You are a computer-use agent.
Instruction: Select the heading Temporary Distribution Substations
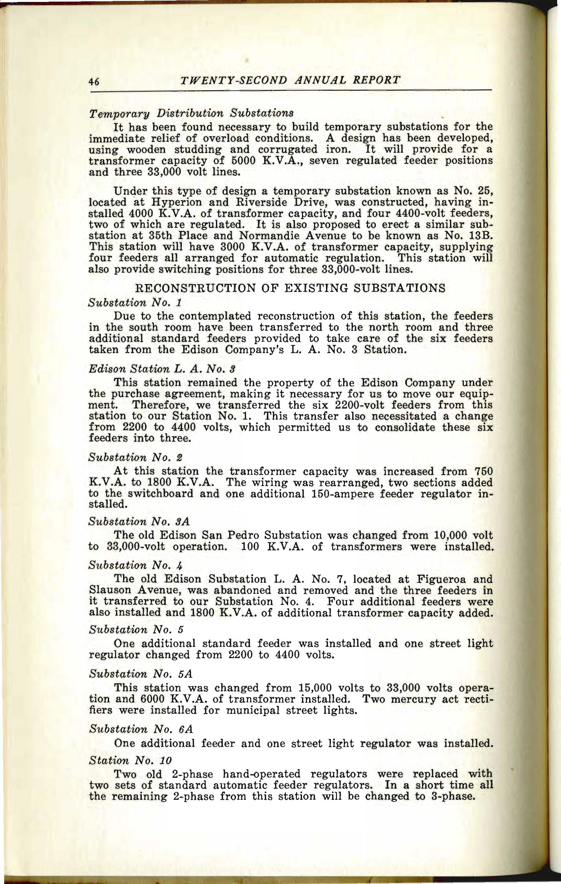pos(191,113)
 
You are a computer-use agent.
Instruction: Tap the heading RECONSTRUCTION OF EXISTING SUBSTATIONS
pos(290,288)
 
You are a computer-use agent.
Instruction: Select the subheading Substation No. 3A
pos(139,521)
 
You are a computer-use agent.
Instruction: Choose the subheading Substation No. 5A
pos(141,674)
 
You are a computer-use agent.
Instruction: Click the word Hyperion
pos(161,203)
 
